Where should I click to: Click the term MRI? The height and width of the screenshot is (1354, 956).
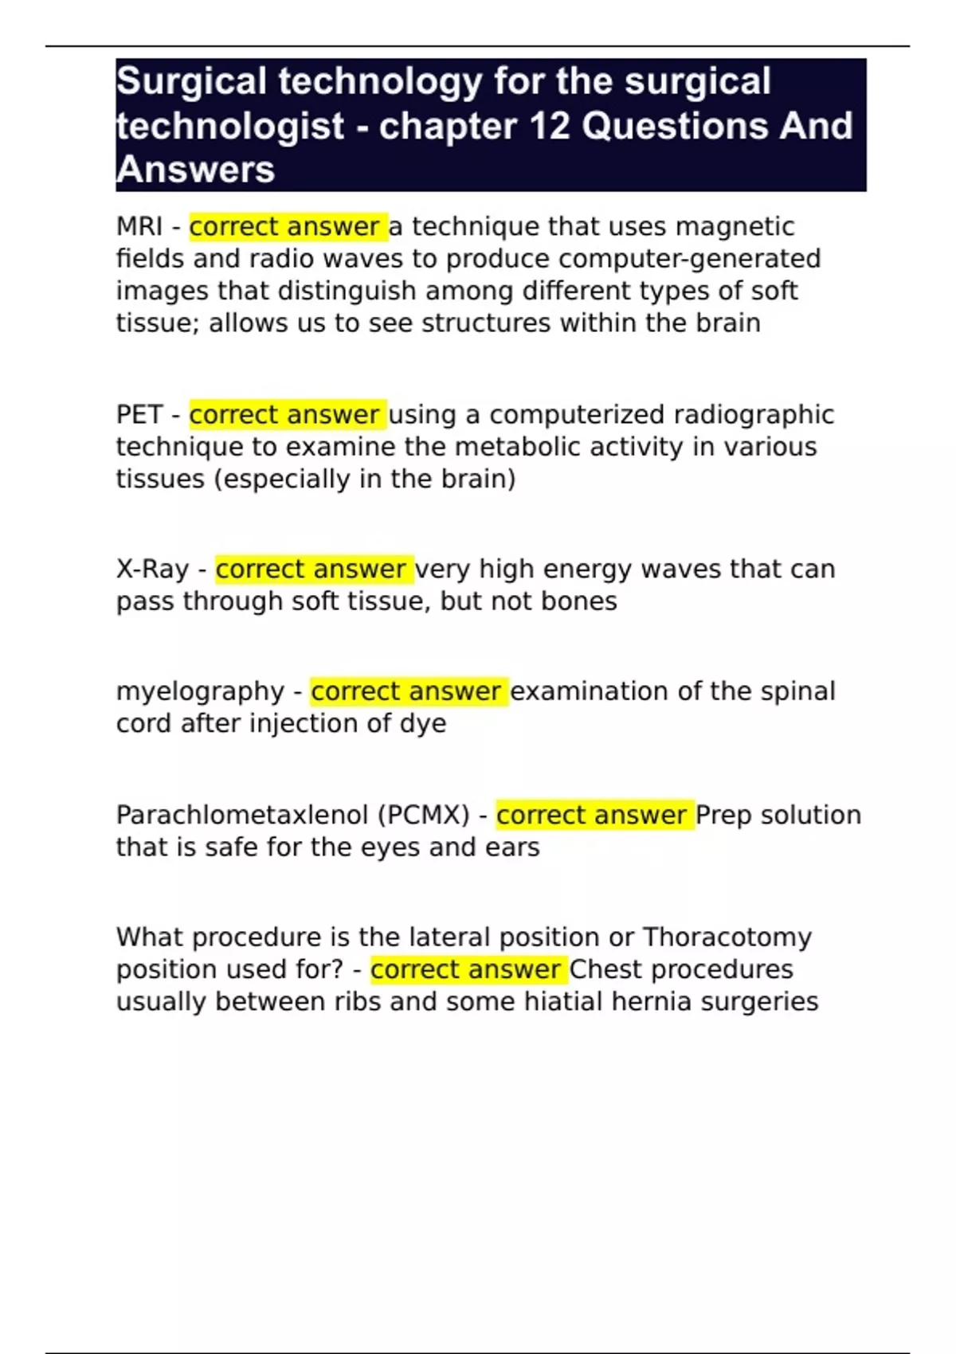pyautogui.click(x=139, y=227)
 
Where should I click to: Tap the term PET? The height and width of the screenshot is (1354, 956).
pyautogui.click(x=139, y=415)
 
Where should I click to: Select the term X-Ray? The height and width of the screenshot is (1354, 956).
pyautogui.click(x=152, y=569)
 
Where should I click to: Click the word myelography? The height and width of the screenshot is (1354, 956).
pyautogui.click(x=200, y=691)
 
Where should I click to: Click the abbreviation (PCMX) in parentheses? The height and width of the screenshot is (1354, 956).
pyautogui.click(x=423, y=816)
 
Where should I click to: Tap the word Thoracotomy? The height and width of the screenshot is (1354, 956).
pyautogui.click(x=727, y=937)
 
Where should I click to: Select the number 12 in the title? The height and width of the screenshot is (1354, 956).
pyautogui.click(x=548, y=126)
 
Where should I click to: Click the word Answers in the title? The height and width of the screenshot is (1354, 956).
pyautogui.click(x=195, y=170)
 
